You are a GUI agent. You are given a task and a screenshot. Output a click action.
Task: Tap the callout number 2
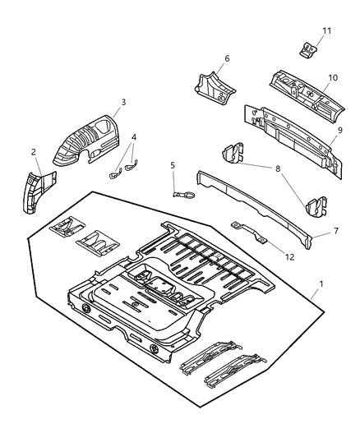point(34,151)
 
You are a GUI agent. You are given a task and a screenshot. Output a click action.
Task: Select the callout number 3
point(122,103)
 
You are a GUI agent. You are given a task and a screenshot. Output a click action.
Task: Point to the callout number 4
point(135,138)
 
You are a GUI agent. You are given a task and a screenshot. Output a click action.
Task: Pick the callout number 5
point(173,165)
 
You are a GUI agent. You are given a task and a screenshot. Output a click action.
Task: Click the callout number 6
point(226,58)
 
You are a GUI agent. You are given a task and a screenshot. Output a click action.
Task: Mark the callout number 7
point(335,233)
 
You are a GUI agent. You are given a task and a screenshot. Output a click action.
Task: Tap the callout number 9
point(339,130)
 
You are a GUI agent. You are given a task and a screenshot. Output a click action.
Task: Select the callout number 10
point(333,78)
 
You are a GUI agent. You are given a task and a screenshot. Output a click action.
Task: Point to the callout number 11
point(326,30)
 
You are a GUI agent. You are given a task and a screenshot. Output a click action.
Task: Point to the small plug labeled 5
point(182,194)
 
